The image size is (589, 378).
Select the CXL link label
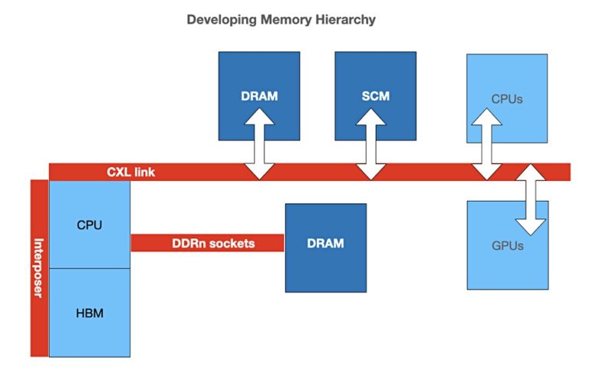pos(130,172)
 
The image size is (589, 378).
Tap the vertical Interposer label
pos(39,268)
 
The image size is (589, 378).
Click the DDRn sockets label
pos(212,244)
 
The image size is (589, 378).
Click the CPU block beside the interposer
pos(90,225)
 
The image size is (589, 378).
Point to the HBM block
pos(90,313)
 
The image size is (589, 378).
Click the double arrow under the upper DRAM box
pos(259,143)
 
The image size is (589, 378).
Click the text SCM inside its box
pos(375,97)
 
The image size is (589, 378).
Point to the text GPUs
pos(507,246)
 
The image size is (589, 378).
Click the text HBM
pos(90,313)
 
